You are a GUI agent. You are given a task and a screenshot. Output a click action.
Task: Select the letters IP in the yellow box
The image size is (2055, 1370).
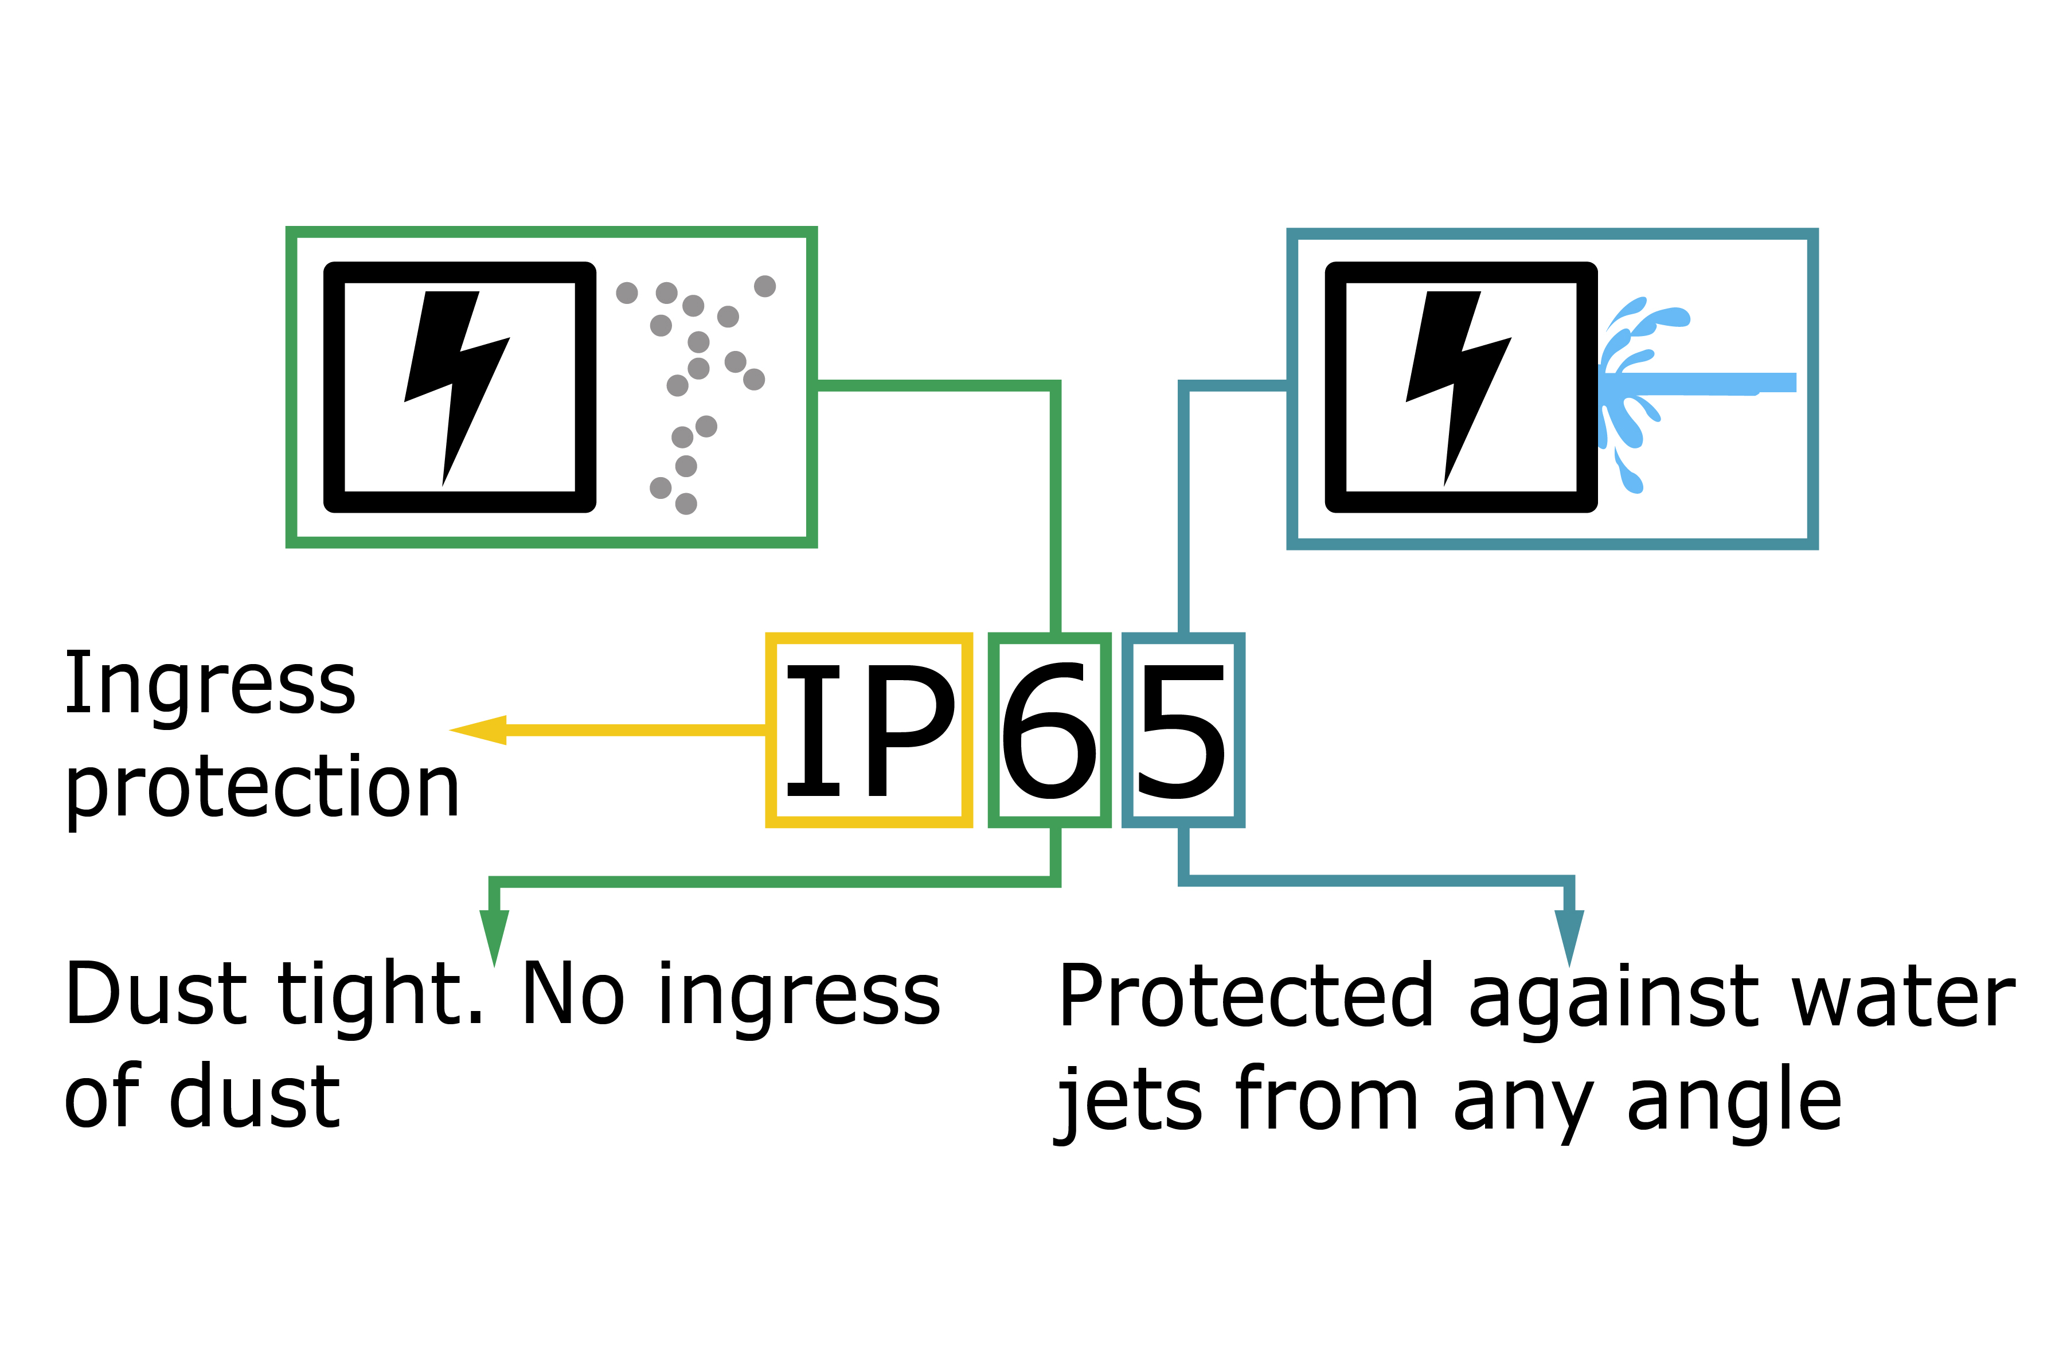[x=869, y=731]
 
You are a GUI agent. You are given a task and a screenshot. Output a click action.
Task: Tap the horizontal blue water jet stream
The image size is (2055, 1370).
[x=1703, y=382]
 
